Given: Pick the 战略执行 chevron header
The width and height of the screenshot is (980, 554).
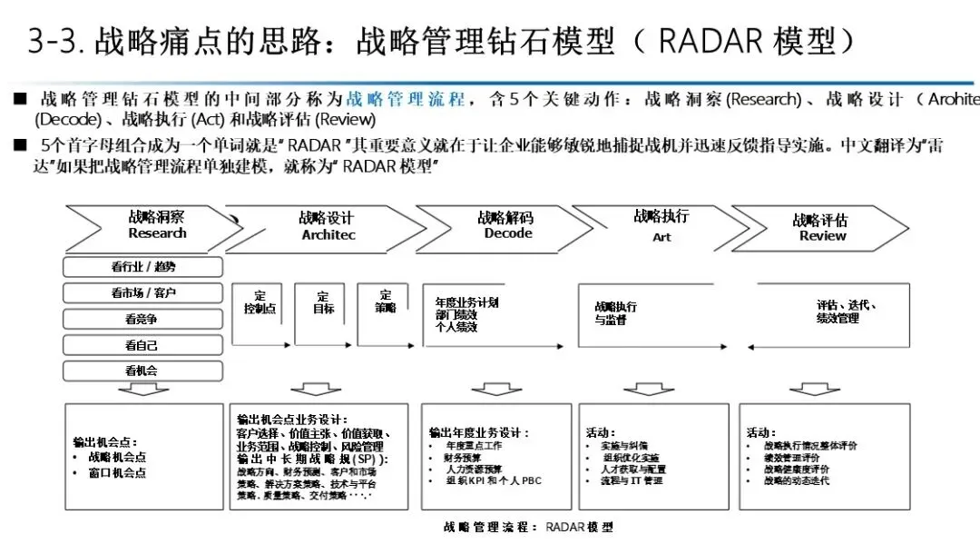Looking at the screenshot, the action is pyautogui.click(x=661, y=224).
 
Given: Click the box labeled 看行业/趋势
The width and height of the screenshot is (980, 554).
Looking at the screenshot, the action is pyautogui.click(x=142, y=267).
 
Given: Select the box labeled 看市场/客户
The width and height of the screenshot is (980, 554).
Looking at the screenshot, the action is pyautogui.click(x=142, y=292).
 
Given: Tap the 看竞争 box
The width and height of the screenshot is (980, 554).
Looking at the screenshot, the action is pyautogui.click(x=142, y=319).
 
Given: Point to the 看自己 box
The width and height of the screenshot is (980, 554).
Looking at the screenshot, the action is pyautogui.click(x=142, y=345).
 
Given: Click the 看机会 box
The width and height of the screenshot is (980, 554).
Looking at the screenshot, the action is pyautogui.click(x=142, y=371).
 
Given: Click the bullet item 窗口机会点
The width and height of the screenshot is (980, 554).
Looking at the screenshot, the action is pyautogui.click(x=117, y=472).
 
